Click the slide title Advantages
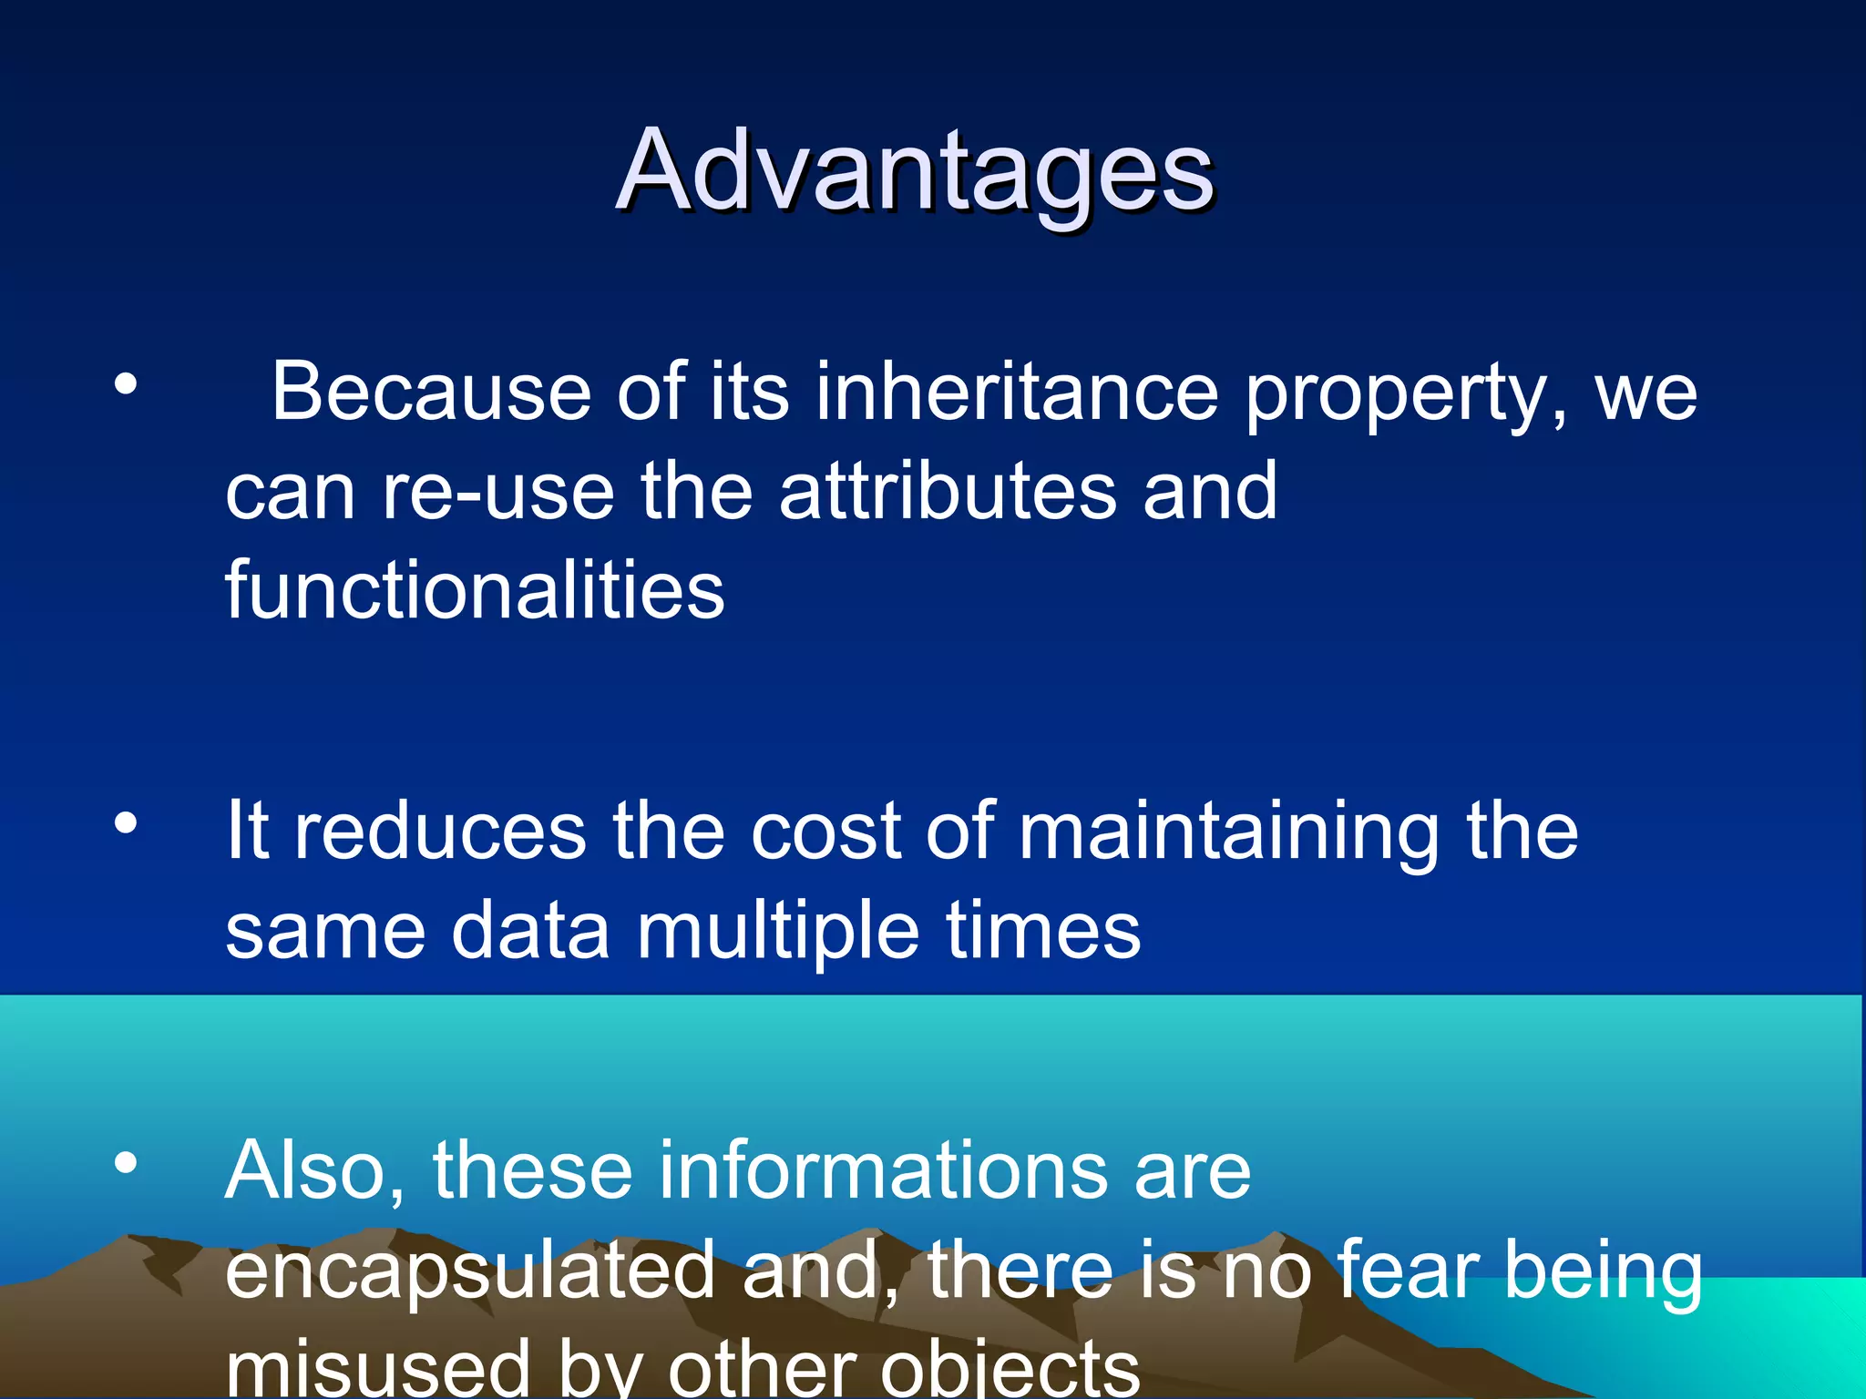pyautogui.click(x=915, y=171)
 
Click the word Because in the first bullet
pyautogui.click(x=432, y=392)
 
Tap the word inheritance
pyautogui.click(x=1016, y=392)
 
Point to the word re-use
pyautogui.click(x=497, y=492)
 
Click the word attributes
pyautogui.click(x=948, y=492)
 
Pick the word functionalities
pyautogui.click(x=475, y=590)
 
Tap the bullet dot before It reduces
pyautogui.click(x=126, y=823)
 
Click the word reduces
pyautogui.click(x=440, y=831)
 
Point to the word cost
pyautogui.click(x=825, y=831)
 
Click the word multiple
pyautogui.click(x=778, y=933)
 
